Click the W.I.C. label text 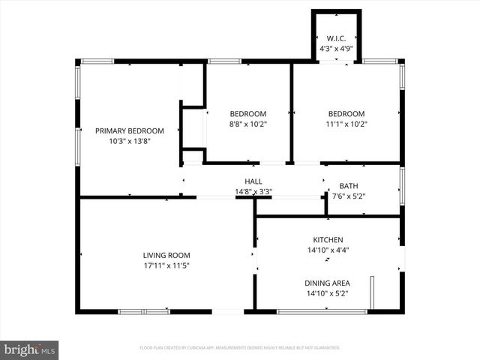coord(335,39)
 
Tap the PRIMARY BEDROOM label coord(130,130)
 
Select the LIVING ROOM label coord(166,255)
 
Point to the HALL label coord(253,181)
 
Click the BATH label coord(349,186)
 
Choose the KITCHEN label coord(328,240)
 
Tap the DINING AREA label coord(328,283)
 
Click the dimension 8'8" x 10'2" coord(248,124)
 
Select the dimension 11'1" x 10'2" coord(346,124)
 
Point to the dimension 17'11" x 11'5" coord(166,265)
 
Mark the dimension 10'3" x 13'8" coord(130,141)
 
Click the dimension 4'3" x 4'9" coord(335,49)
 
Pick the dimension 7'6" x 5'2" coord(349,196)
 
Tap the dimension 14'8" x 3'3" coord(253,192)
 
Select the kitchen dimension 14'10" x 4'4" coord(328,250)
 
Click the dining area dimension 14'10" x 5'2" coord(328,293)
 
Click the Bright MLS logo coord(29,349)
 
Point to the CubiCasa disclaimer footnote coord(240,348)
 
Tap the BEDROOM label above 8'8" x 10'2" coord(248,113)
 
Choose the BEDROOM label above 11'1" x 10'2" coord(346,113)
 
